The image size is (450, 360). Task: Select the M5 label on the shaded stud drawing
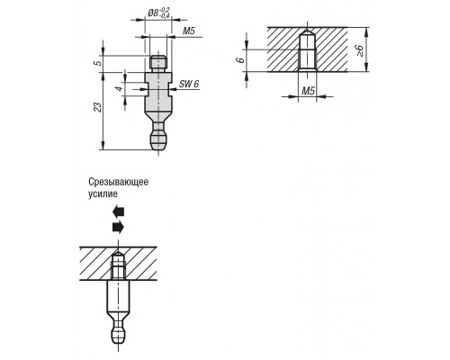189,31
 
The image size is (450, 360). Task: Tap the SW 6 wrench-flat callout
189,84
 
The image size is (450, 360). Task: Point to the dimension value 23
98,107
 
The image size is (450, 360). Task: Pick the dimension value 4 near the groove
120,89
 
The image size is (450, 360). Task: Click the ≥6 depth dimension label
359,51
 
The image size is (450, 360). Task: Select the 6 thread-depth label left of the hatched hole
240,60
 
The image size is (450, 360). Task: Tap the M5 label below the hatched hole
308,91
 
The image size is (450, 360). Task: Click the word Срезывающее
118,182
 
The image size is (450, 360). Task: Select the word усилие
103,194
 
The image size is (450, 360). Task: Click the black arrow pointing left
118,211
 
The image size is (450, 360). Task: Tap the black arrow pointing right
118,227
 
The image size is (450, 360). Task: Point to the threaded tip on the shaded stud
158,62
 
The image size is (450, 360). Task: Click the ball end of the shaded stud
158,140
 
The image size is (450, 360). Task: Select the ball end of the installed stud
119,335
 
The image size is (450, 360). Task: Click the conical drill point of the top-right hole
307,31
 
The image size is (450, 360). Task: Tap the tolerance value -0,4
165,16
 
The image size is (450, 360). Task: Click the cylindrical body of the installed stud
119,297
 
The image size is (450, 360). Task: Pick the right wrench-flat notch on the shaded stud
170,89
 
